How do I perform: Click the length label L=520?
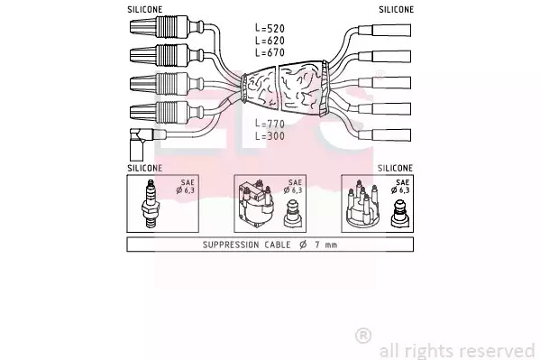pyautogui.click(x=270, y=28)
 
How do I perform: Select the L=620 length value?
pyautogui.click(x=270, y=41)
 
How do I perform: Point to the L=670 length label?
pyautogui.click(x=270, y=52)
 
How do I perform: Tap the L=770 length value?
pyautogui.click(x=270, y=124)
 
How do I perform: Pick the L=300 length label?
pyautogui.click(x=270, y=136)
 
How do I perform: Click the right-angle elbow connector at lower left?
pyautogui.click(x=139, y=143)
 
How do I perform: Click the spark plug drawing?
pyautogui.click(x=151, y=203)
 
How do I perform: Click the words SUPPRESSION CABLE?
pyautogui.click(x=247, y=245)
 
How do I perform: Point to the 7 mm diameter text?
pyautogui.click(x=325, y=245)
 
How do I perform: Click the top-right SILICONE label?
pyautogui.click(x=396, y=10)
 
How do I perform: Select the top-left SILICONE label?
pyautogui.click(x=144, y=10)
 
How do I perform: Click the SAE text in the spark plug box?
pyautogui.click(x=188, y=182)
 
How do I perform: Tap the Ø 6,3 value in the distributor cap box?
pyautogui.click(x=400, y=190)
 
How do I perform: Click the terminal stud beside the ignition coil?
pyautogui.click(x=292, y=214)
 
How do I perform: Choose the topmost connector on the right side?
pyautogui.click(x=385, y=30)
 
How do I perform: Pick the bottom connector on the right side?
pyautogui.click(x=385, y=134)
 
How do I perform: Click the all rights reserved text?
pyautogui.click(x=457, y=351)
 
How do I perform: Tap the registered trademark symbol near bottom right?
pyautogui.click(x=363, y=336)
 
